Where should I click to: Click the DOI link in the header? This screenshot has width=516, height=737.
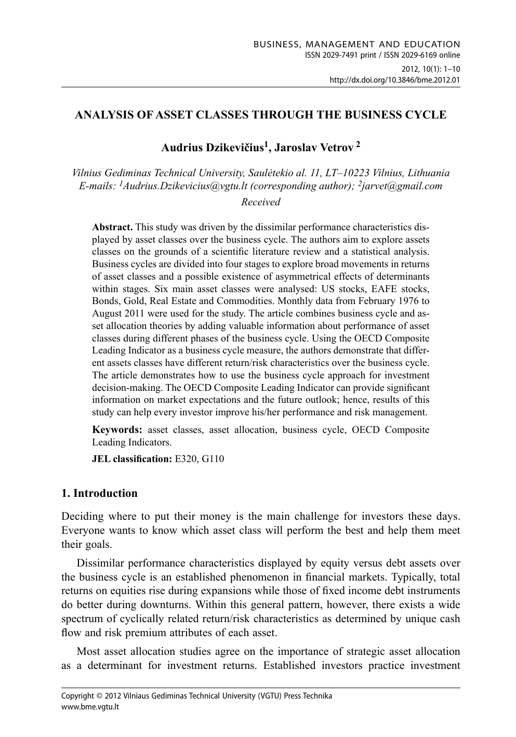(x=395, y=80)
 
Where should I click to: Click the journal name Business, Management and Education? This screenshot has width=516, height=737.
(x=356, y=45)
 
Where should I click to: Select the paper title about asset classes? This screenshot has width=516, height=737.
(x=260, y=115)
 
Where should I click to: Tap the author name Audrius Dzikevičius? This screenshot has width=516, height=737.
(x=213, y=148)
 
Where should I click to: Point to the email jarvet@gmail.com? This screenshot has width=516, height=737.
(x=402, y=186)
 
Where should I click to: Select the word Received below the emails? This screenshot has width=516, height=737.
(x=261, y=202)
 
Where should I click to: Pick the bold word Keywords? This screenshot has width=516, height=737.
(x=117, y=430)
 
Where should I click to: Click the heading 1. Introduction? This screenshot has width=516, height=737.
(x=99, y=493)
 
